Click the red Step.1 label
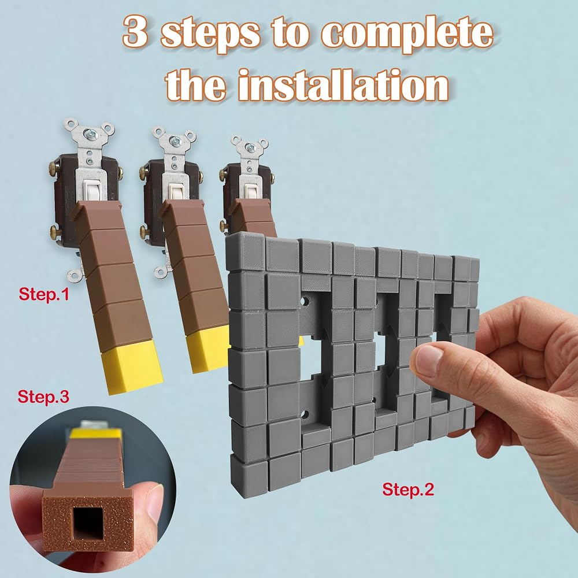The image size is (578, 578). point(43,294)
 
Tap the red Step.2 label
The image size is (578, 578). point(408,489)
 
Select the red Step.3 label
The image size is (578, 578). point(43,397)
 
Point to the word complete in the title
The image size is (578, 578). point(407,34)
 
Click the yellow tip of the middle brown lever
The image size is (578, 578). point(208,349)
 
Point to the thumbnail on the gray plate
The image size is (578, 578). point(427,355)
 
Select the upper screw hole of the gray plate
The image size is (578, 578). point(305,302)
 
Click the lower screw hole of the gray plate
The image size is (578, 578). point(305,414)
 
